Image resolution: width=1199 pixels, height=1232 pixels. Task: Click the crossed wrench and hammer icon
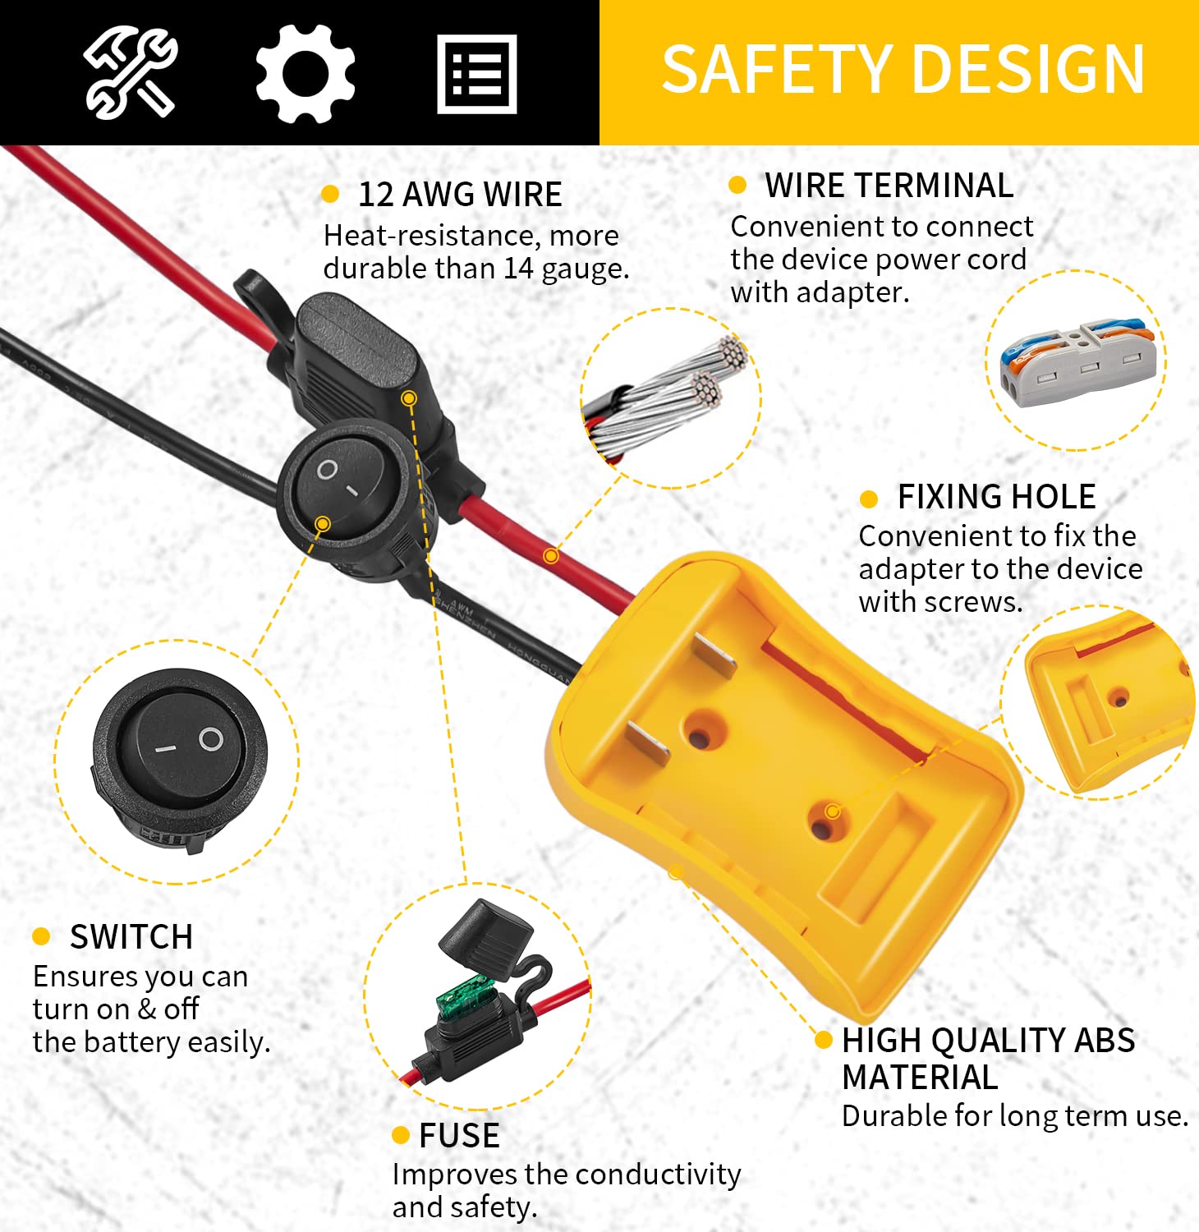coord(130,72)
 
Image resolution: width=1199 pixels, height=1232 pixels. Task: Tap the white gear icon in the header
coord(305,73)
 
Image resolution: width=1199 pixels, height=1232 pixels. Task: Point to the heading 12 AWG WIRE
coord(460,195)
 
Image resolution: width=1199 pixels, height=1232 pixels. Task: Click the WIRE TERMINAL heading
coord(889,186)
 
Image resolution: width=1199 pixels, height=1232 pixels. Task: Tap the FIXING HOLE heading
coord(996,497)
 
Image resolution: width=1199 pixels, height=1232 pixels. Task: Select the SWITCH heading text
coord(131,937)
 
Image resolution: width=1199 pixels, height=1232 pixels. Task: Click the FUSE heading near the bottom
coord(459,1136)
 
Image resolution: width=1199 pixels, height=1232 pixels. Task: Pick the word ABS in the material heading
coord(1105,1041)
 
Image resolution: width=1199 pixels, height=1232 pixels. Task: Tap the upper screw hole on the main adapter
coord(700,733)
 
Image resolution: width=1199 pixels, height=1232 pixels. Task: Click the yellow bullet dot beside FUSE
coord(401,1136)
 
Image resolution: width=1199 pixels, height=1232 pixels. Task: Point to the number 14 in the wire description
coord(518,269)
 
